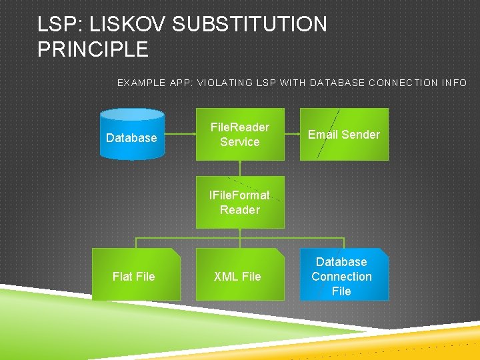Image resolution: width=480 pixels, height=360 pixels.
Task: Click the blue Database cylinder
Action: tap(132, 135)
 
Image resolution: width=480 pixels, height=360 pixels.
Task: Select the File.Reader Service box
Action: tap(240, 134)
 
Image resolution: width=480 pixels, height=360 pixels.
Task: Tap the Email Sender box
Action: tap(344, 134)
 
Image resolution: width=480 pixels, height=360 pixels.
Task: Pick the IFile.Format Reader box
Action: tap(240, 202)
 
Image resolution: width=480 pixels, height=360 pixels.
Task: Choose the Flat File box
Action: tap(135, 275)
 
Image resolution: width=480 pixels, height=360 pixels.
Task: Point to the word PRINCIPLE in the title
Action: tap(93, 49)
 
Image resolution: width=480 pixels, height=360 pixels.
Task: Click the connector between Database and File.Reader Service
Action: tap(180, 134)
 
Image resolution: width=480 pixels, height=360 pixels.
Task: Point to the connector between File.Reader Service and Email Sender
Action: tap(292, 134)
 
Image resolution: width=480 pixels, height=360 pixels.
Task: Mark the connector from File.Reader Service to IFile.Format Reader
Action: tap(240, 168)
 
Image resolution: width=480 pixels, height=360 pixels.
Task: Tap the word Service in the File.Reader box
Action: tap(240, 142)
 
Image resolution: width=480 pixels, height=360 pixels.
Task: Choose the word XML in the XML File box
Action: tap(225, 277)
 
